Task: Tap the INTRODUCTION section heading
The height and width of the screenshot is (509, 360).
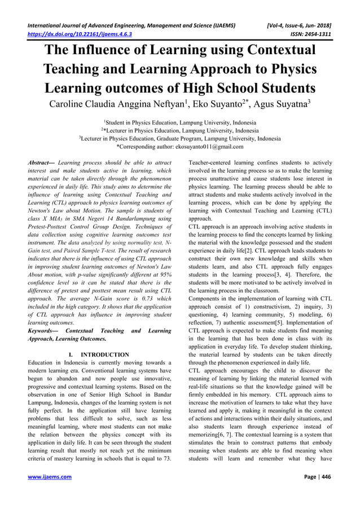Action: [104, 354]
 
